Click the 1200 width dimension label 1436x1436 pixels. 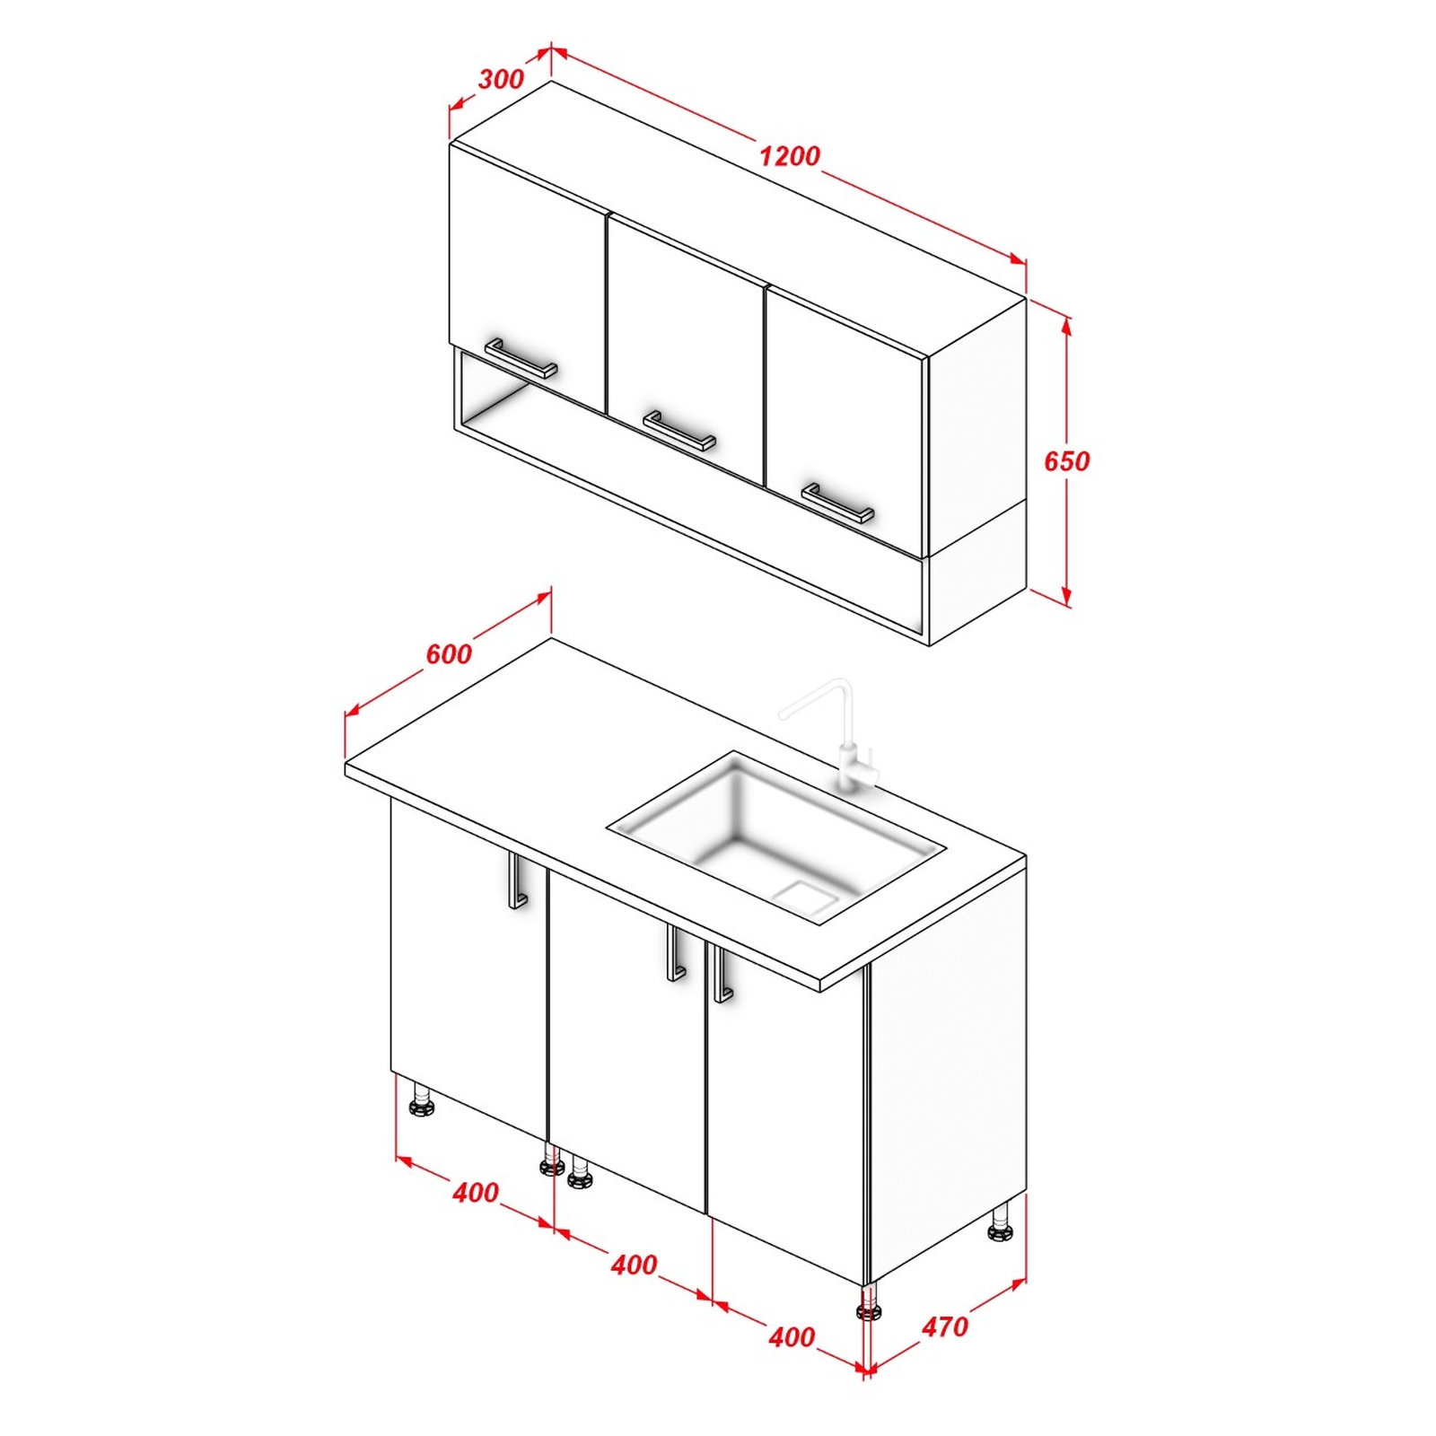tap(789, 156)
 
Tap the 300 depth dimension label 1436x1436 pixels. tap(501, 79)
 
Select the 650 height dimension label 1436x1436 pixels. tap(1066, 461)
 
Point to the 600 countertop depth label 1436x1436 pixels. tap(449, 654)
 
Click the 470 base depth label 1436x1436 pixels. tap(945, 1327)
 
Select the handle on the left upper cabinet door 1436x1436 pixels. tap(521, 358)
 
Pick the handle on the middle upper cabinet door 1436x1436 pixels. tap(679, 431)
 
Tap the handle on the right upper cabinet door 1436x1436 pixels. tap(837, 503)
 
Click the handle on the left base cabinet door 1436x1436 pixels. tap(515, 881)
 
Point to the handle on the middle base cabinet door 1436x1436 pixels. tap(675, 953)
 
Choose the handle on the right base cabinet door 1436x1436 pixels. tap(722, 973)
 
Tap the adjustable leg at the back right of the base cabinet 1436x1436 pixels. tap(1001, 1222)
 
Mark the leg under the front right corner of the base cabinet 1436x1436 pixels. tap(868, 1300)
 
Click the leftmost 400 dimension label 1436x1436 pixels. tap(476, 1193)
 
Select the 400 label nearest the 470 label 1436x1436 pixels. tap(792, 1337)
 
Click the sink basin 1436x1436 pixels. tap(776, 836)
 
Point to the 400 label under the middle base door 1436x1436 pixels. tap(634, 1265)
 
